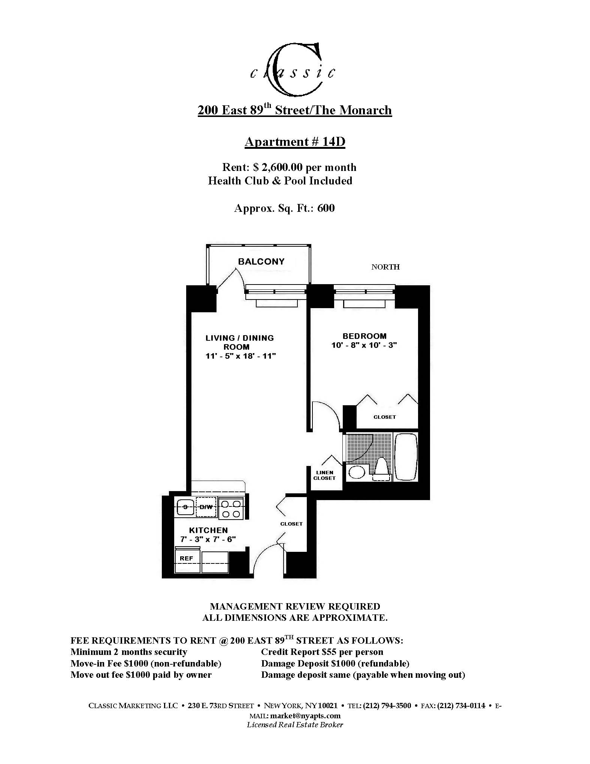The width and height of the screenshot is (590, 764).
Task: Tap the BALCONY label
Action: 261,262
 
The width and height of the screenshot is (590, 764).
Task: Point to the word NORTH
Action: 385,267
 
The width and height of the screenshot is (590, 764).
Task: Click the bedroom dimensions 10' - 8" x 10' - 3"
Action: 364,345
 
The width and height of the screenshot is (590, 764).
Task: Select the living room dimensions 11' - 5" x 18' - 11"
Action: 240,356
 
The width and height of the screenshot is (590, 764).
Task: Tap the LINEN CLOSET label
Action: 324,475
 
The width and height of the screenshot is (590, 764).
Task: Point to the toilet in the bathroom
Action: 381,470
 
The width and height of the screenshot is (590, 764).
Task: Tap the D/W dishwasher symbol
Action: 206,507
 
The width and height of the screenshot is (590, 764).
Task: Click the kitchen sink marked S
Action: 185,507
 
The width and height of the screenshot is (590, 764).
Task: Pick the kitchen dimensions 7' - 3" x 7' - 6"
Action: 208,539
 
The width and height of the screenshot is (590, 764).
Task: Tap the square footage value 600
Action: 326,208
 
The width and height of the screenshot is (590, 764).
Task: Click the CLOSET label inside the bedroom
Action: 384,417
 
